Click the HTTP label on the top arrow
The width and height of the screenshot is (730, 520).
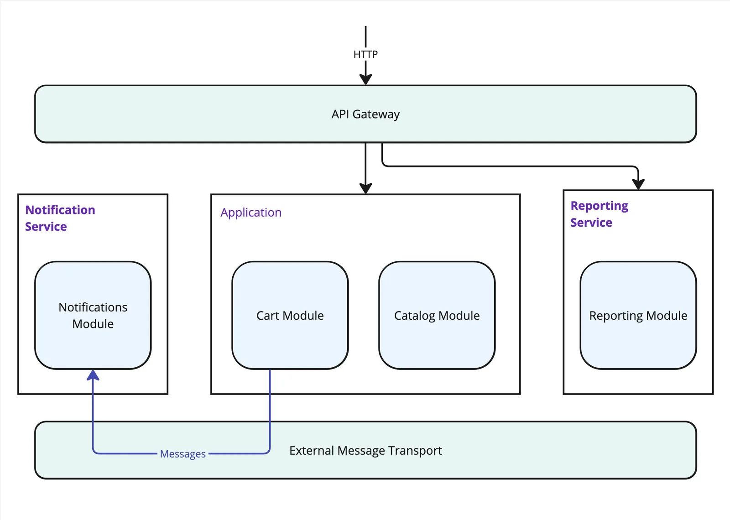[365, 54]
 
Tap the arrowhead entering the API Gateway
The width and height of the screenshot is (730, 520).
[365, 79]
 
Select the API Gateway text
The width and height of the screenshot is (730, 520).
[365, 114]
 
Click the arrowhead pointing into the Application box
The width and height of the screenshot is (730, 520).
[365, 188]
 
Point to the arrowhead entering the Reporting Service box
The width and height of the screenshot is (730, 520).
[638, 184]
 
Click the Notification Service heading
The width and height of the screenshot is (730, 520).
[60, 218]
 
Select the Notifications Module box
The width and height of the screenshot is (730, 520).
[93, 315]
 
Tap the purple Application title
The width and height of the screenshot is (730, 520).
[251, 213]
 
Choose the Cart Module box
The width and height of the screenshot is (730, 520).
[290, 315]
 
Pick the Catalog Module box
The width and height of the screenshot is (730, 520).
[437, 315]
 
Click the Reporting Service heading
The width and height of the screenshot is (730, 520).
[599, 214]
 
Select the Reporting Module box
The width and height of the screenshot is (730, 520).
[638, 315]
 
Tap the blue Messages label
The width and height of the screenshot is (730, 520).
[182, 454]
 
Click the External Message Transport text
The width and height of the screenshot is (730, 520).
[365, 451]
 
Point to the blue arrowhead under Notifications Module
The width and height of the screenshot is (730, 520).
[93, 375]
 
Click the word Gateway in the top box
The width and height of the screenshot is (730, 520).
[376, 114]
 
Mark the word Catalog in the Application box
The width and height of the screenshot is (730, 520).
[414, 316]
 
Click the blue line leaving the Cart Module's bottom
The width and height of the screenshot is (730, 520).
[270, 401]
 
